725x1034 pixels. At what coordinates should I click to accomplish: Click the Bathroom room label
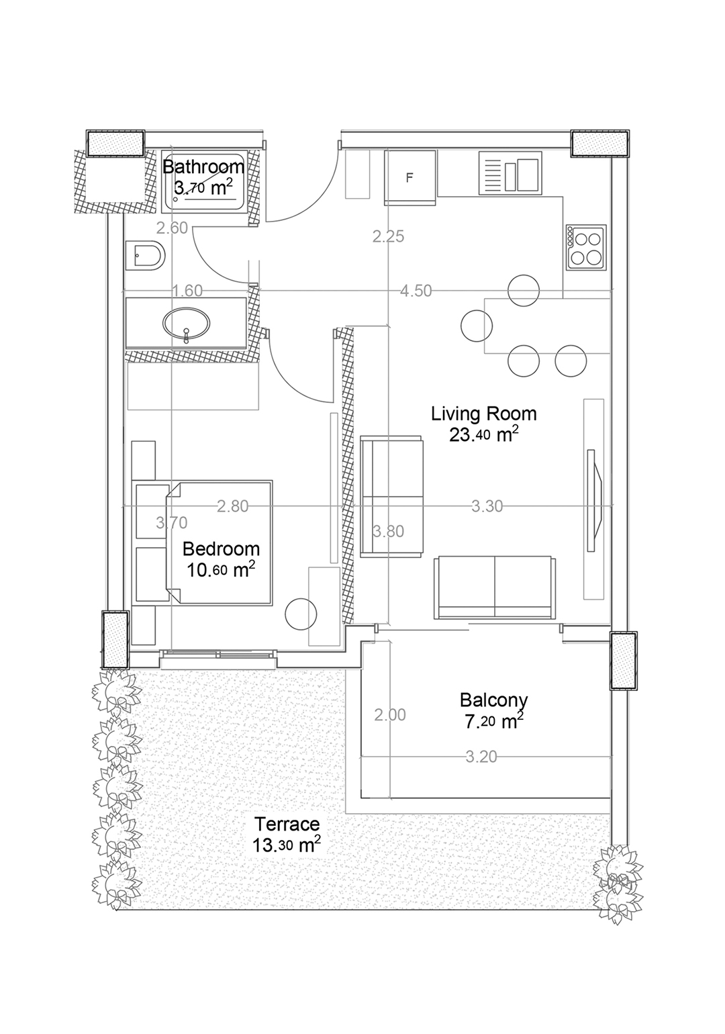click(x=203, y=167)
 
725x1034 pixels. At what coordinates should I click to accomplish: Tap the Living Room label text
click(x=483, y=414)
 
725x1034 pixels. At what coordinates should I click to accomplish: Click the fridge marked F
click(x=409, y=178)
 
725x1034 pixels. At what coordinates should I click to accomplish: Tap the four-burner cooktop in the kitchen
click(x=586, y=248)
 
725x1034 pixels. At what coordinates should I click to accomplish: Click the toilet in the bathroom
click(x=145, y=255)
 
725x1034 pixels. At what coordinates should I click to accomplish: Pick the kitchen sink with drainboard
click(x=510, y=173)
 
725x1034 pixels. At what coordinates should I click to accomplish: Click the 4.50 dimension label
click(x=416, y=291)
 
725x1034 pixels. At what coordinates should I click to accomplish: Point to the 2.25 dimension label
click(x=388, y=236)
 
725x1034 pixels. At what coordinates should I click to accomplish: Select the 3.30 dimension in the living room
click(x=487, y=506)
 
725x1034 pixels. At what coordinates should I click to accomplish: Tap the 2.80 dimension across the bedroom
click(x=232, y=506)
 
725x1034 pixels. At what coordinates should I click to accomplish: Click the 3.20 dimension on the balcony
click(x=481, y=757)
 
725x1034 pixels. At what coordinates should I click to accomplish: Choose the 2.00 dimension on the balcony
click(x=389, y=715)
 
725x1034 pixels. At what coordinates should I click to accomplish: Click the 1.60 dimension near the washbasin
click(x=187, y=291)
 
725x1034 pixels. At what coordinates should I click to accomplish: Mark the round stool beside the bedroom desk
click(x=301, y=614)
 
